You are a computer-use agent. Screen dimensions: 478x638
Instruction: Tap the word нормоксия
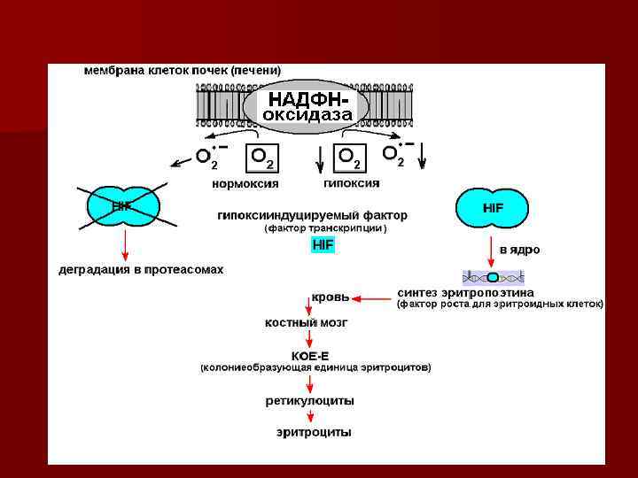coord(245,184)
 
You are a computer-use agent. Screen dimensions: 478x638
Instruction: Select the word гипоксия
coord(352,183)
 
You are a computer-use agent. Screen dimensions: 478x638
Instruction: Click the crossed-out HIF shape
coord(122,207)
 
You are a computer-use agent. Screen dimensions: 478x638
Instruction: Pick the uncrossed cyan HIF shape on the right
coord(493,207)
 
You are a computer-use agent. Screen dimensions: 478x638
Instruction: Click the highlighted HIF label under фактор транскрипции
coord(323,244)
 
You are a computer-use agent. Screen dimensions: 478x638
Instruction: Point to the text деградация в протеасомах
coord(141,269)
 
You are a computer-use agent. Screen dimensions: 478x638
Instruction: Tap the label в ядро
coord(520,250)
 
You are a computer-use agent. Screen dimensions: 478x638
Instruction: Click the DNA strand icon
coord(493,276)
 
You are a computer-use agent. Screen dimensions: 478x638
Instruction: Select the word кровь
coord(330,297)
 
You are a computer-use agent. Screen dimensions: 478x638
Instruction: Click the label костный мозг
coord(307,323)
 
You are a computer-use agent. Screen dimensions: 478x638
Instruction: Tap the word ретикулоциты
coord(310,401)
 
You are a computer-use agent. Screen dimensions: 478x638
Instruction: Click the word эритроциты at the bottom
coord(314,433)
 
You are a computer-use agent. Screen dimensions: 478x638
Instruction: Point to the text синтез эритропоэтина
coord(465,292)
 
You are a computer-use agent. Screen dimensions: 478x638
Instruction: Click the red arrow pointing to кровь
coord(373,298)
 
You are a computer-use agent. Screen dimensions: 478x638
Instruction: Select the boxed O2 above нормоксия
coord(263,158)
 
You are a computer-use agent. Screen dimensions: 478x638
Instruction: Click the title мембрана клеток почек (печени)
coord(183,69)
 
